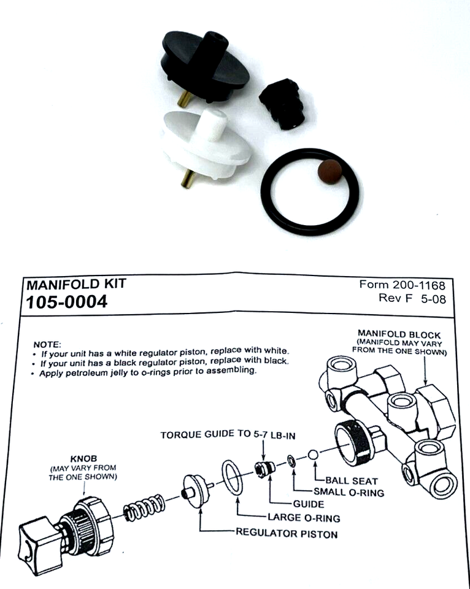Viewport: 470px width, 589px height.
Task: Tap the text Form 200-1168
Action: (402, 285)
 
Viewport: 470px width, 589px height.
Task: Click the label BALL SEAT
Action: (351, 481)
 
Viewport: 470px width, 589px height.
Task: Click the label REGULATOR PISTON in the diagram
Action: (287, 533)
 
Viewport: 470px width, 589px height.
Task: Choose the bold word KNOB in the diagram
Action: (82, 458)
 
